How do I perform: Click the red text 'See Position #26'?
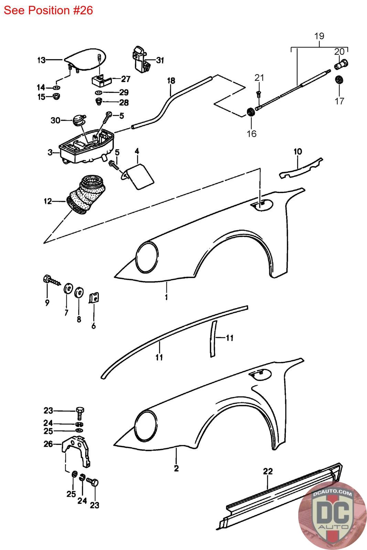pos(48,10)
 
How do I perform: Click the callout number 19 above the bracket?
pos(319,36)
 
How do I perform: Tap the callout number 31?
pos(160,60)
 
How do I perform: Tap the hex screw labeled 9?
pos(52,280)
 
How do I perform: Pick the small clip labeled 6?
pos(94,298)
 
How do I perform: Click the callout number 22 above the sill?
pos(268,471)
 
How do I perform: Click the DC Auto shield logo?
pos(332,516)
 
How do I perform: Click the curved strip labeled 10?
pos(301,168)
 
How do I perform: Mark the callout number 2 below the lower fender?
pos(176,469)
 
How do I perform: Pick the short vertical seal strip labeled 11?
pos(213,339)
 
